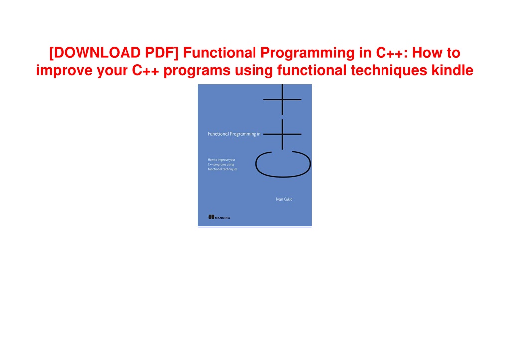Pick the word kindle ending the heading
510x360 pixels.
click(452, 70)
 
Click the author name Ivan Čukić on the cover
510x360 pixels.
click(284, 199)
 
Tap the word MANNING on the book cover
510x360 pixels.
click(222, 218)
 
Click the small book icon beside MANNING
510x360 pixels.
click(211, 217)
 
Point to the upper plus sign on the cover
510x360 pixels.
click(282, 99)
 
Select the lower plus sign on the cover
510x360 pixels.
click(282, 134)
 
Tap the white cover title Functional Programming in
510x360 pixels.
click(234, 134)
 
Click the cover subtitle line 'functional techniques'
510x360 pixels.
click(223, 169)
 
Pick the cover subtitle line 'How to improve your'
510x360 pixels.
click(221, 160)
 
